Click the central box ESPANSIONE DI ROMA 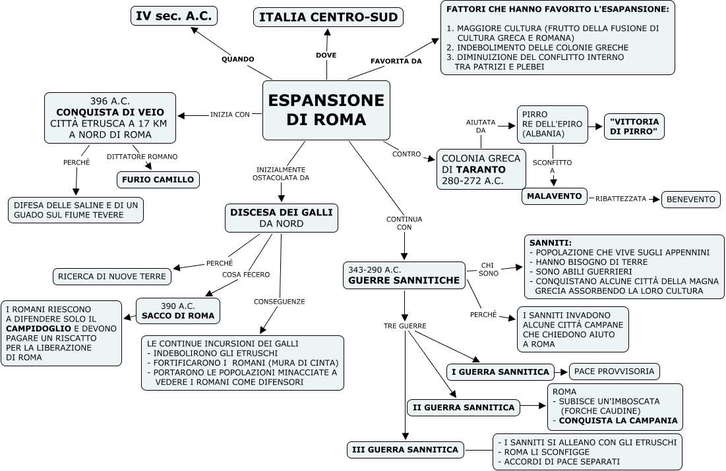326,110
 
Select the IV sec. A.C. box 174,16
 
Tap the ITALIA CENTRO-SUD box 328,18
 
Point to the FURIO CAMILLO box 158,179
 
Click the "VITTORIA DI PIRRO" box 634,126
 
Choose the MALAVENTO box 555,196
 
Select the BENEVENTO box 690,199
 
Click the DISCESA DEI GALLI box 281,217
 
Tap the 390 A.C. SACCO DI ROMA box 178,311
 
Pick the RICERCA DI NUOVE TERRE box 111,277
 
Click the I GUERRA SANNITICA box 500,372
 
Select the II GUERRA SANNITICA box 463,408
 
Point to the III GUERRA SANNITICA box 405,450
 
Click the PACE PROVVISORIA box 614,372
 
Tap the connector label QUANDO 237,59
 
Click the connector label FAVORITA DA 396,61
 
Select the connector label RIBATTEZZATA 620,198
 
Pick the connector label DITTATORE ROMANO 142,156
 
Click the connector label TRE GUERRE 405,326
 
